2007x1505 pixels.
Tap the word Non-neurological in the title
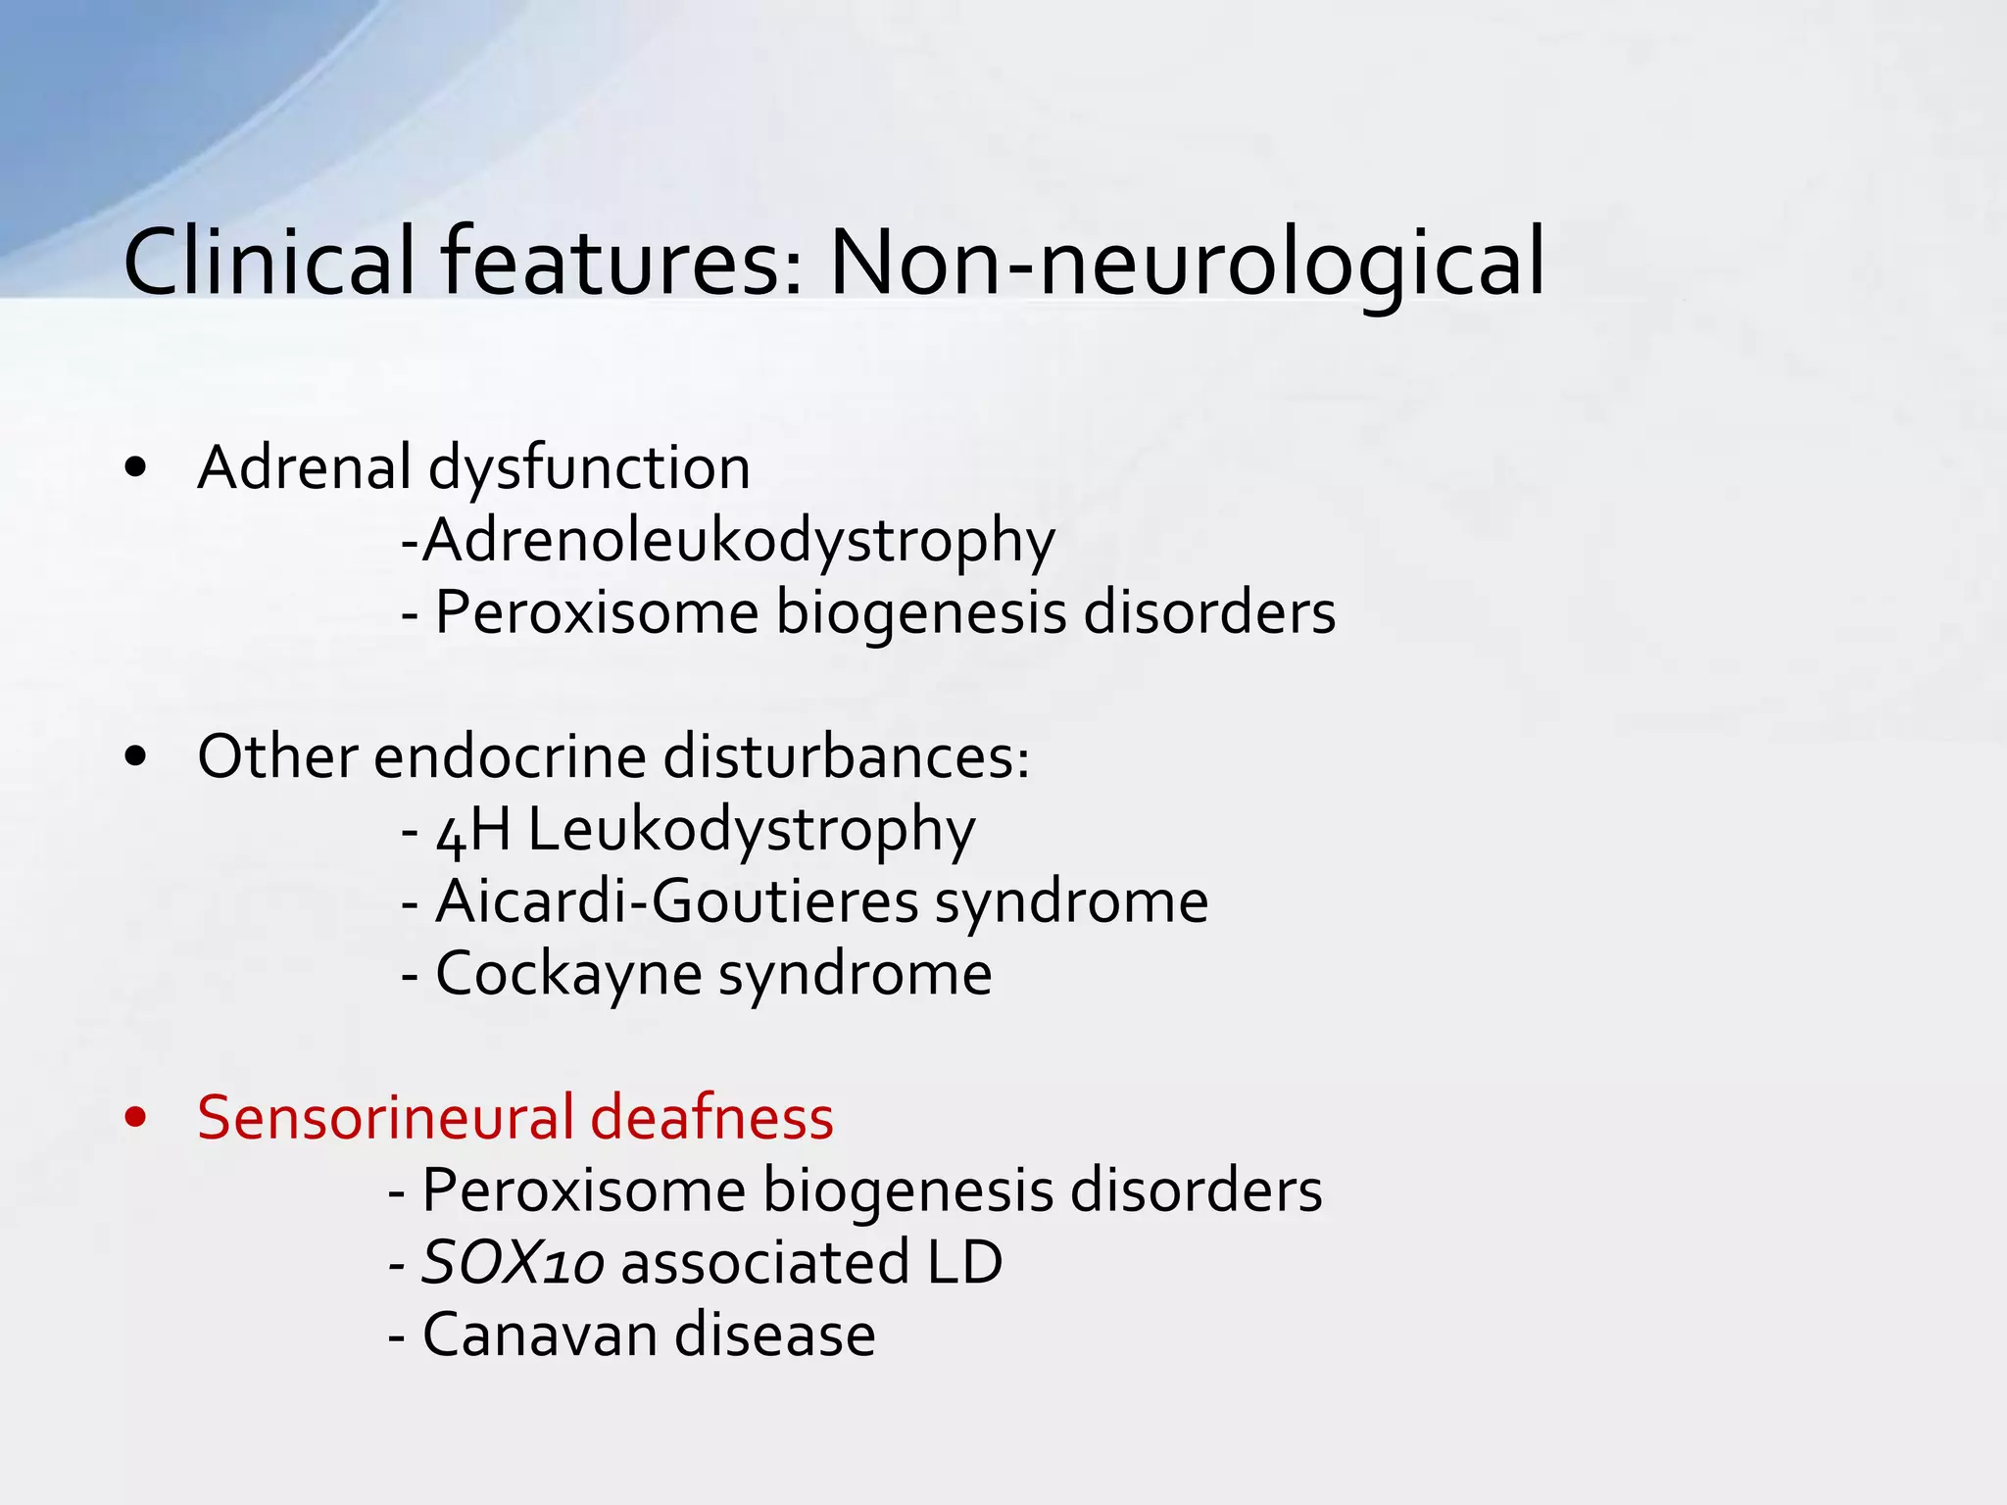tap(1187, 263)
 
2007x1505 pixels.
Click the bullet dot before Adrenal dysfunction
tap(136, 468)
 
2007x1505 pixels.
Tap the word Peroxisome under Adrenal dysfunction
tap(597, 612)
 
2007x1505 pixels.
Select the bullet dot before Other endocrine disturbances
tap(136, 756)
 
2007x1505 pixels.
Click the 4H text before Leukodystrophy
tap(474, 830)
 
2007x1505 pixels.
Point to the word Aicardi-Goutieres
tap(676, 901)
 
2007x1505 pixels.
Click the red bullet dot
tap(136, 1118)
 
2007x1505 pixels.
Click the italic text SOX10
tap(512, 1263)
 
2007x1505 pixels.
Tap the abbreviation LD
tap(964, 1262)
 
